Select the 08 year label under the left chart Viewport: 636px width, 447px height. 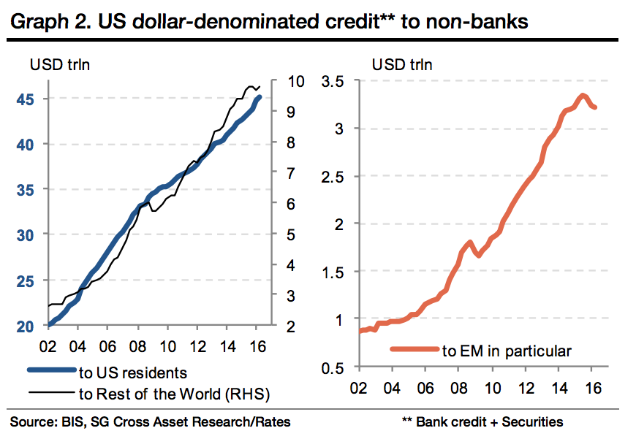137,347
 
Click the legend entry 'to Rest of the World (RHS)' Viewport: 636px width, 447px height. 174,395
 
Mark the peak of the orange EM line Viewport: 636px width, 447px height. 582,95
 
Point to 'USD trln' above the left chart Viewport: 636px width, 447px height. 56,64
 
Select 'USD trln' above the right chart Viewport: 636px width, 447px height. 402,64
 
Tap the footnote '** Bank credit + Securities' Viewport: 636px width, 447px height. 482,421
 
